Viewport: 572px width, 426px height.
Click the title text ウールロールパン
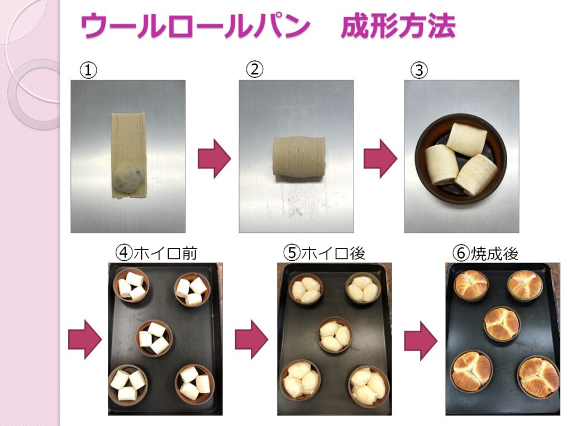click(195, 26)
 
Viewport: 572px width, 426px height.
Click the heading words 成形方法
click(398, 26)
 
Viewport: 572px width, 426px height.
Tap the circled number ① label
click(88, 70)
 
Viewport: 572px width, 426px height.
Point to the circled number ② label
click(255, 69)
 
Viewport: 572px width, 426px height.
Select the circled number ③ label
click(419, 70)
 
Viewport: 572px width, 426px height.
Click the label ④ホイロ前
click(156, 253)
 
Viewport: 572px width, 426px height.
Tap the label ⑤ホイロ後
click(325, 253)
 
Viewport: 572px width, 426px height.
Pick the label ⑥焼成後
click(485, 253)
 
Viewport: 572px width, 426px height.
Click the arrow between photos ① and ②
click(214, 159)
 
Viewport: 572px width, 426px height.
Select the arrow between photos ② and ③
click(380, 159)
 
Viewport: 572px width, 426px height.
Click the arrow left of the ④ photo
click(85, 340)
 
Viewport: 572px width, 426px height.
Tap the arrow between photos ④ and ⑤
click(251, 340)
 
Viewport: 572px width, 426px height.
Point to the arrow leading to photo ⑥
click(421, 341)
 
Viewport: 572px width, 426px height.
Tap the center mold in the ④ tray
click(154, 338)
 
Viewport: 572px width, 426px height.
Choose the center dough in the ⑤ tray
click(335, 335)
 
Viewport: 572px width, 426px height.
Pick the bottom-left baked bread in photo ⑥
click(471, 371)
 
